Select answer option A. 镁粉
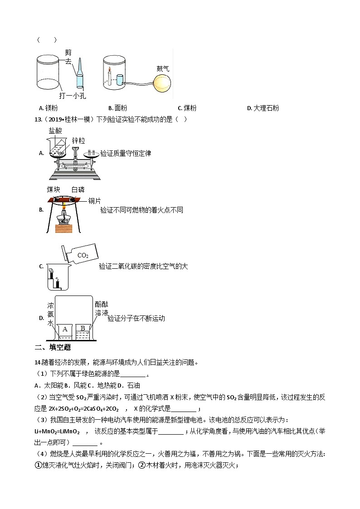click(49, 108)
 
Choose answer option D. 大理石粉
click(263, 108)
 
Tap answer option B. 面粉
click(117, 108)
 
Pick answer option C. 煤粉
click(187, 108)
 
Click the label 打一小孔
click(73, 96)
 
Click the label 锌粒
click(78, 141)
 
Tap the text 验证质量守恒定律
click(126, 153)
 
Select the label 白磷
click(78, 189)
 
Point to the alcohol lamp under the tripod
click(63, 220)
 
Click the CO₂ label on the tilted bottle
click(83, 255)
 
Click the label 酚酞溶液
click(102, 308)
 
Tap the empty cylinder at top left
click(48, 73)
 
